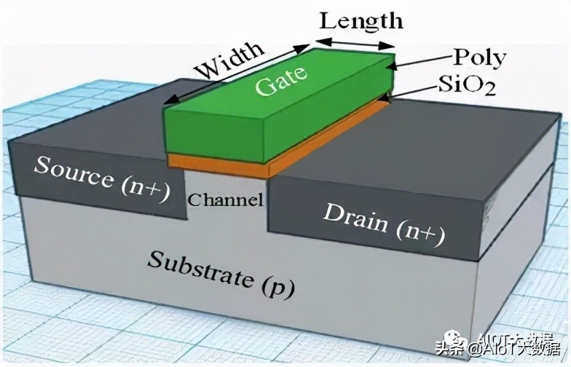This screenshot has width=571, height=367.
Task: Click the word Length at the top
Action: click(x=361, y=20)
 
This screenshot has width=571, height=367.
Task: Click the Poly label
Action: click(x=479, y=58)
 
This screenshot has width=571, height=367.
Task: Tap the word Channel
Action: click(x=225, y=200)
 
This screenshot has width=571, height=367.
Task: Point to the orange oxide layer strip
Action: click(x=218, y=165)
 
